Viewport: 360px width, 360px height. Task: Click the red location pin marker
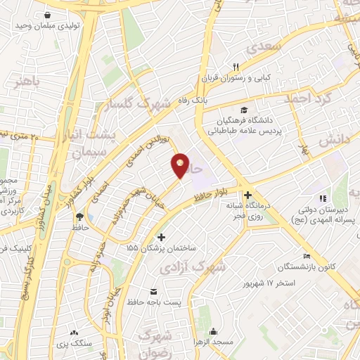tap(181, 165)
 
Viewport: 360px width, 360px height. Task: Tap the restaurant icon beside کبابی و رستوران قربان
tap(226, 66)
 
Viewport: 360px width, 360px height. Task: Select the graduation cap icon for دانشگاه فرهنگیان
tap(244, 110)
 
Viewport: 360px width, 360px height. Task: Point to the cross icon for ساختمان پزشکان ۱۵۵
tap(162, 237)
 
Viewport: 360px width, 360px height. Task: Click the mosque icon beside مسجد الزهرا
tap(213, 332)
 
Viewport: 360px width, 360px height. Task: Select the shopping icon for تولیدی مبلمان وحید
tap(47, 15)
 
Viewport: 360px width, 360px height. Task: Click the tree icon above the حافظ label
tap(78, 217)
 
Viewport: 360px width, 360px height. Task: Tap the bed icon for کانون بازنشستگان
tap(306, 256)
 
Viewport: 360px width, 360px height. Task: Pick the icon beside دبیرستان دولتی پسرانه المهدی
tap(323, 198)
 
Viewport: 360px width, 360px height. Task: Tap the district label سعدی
tap(265, 46)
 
